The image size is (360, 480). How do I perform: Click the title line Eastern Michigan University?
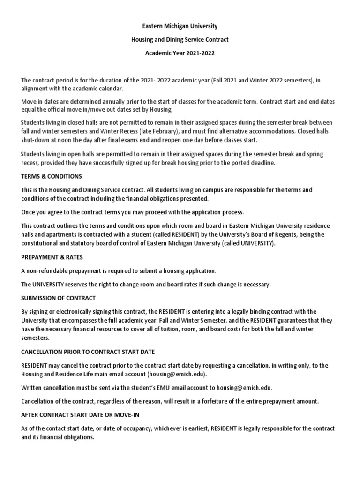pyautogui.click(x=180, y=26)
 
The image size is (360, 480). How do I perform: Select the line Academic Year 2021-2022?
pyautogui.click(x=180, y=53)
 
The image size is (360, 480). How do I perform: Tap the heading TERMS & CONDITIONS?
pyautogui.click(x=52, y=176)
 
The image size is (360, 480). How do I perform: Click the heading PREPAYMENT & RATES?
pyautogui.click(x=52, y=258)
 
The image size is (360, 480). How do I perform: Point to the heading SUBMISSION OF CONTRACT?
pyautogui.click(x=58, y=298)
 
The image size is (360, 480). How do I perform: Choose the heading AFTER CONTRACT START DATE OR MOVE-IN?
pyautogui.click(x=80, y=416)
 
